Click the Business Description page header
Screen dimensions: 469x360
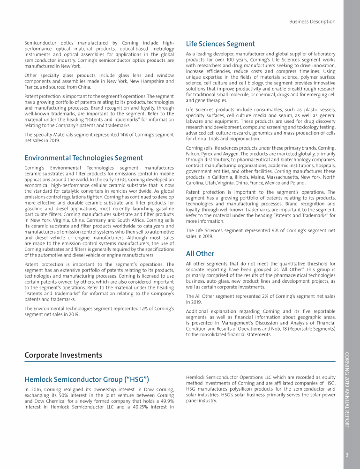pyautogui.click(x=312, y=22)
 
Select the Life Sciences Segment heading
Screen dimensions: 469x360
pyautogui.click(x=220, y=44)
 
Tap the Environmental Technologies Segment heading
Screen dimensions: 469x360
pyautogui.click(x=83, y=158)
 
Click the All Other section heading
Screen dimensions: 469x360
pyautogui.click(x=200, y=254)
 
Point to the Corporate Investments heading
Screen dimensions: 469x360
pyautogui.click(x=63, y=355)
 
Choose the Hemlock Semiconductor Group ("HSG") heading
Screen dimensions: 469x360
pyautogui.click(x=87, y=379)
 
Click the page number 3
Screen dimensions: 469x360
pyautogui.click(x=347, y=454)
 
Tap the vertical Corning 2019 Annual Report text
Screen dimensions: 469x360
pyautogui.click(x=347, y=389)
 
